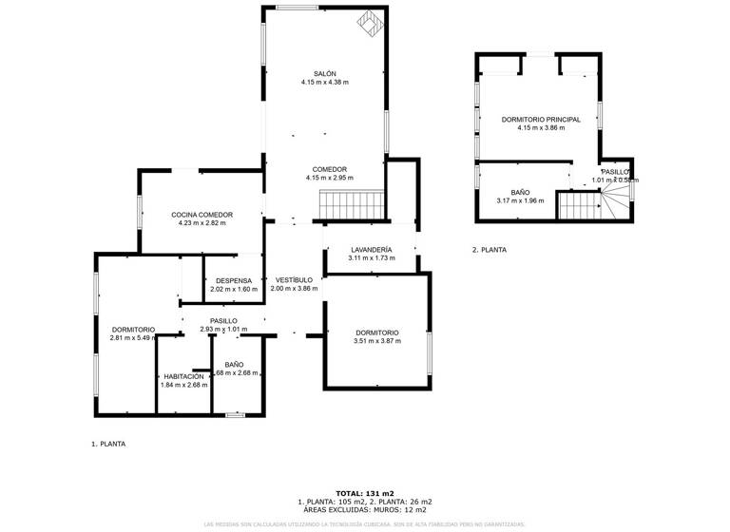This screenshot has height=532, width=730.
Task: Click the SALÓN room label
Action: tap(325, 73)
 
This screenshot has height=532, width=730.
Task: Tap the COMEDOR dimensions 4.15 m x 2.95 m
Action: tap(329, 178)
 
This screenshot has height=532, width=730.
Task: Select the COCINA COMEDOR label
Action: tap(202, 215)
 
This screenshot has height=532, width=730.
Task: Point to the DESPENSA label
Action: tap(234, 280)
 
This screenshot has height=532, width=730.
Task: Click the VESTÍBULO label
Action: tap(294, 280)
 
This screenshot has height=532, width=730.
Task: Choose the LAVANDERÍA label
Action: tap(371, 249)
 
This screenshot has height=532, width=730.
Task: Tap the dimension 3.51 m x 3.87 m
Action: tap(376, 341)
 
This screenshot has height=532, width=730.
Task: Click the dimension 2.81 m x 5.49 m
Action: tap(132, 338)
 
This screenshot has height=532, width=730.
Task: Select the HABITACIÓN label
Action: tap(184, 376)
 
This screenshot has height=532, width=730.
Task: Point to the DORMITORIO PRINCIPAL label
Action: tap(541, 119)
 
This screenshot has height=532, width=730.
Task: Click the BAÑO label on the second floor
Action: tap(519, 192)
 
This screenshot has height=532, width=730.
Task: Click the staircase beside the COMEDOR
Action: tap(351, 203)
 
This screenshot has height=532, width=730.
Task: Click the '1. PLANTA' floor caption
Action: tap(107, 444)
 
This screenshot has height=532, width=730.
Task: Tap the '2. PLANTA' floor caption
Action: tap(489, 250)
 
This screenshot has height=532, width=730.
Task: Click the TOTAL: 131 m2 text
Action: tap(365, 493)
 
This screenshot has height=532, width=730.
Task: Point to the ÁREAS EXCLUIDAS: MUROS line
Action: tap(365, 509)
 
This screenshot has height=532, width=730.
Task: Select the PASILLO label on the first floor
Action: tap(223, 321)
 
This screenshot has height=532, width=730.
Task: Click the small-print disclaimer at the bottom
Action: tap(365, 523)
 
